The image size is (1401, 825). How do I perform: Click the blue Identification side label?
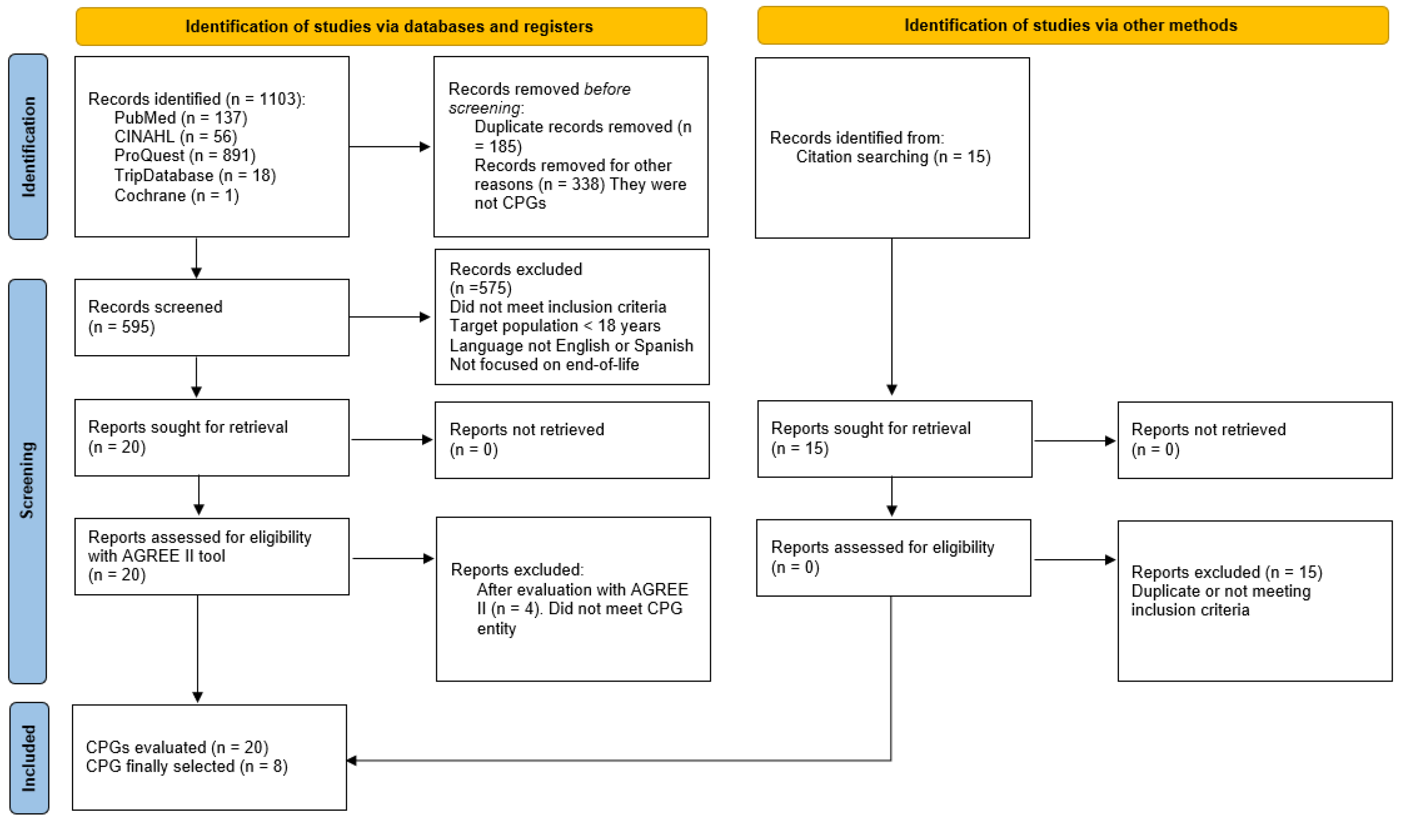[x=28, y=147]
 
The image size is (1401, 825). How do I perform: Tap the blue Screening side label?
[x=27, y=481]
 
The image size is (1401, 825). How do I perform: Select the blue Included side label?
[x=29, y=758]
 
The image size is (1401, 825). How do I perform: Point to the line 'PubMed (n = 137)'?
[x=181, y=118]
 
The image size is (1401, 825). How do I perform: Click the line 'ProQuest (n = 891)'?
[x=185, y=156]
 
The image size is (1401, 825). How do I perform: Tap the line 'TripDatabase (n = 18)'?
[x=195, y=176]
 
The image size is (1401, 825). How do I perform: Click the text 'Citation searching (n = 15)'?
[x=893, y=157]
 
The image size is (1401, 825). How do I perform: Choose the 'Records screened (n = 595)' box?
[x=212, y=317]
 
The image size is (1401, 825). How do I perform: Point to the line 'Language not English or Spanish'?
[x=572, y=346]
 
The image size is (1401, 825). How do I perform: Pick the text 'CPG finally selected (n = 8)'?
[x=187, y=767]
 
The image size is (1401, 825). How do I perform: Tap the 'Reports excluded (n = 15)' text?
[x=1227, y=572]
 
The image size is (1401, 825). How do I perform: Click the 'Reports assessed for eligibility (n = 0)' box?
[x=893, y=558]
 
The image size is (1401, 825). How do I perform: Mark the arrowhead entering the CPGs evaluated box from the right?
[x=351, y=760]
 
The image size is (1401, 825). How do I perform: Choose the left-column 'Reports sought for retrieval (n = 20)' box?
[x=212, y=438]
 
